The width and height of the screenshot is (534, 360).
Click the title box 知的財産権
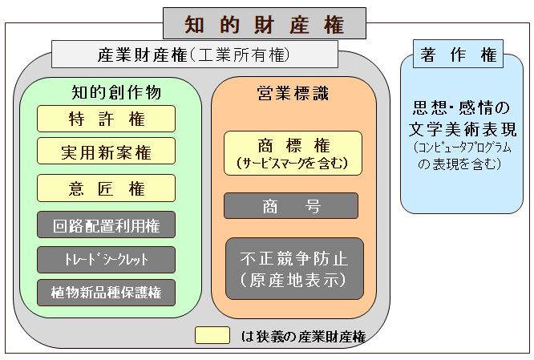[x=265, y=23]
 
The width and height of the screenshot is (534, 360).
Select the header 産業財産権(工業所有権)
[x=192, y=55]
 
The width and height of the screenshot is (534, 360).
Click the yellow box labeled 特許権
[x=106, y=119]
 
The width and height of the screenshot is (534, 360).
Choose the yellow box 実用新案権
[x=106, y=151]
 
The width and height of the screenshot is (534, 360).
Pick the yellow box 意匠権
[x=106, y=188]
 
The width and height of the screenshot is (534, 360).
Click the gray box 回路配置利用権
[x=106, y=225]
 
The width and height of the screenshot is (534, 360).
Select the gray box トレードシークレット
[x=106, y=259]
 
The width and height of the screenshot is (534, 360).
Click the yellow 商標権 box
[x=293, y=152]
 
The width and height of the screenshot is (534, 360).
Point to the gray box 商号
[x=291, y=205]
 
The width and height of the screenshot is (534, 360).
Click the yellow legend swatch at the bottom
[x=212, y=334]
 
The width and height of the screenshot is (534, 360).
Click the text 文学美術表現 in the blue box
[x=464, y=129]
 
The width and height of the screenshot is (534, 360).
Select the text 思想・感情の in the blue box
[x=459, y=109]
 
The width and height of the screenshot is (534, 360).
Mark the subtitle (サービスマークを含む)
[x=293, y=163]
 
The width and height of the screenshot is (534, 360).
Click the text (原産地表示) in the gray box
[x=292, y=281]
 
